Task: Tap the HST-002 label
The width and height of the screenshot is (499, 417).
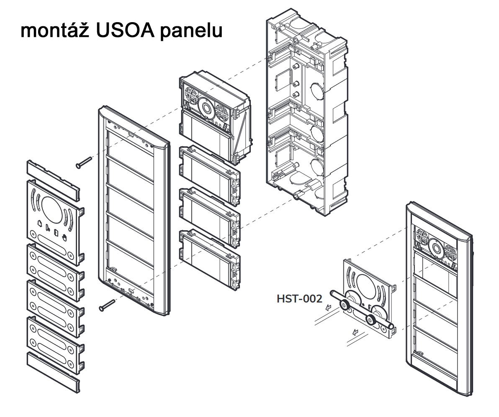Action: click(299, 299)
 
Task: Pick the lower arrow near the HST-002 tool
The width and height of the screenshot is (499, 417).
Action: click(356, 333)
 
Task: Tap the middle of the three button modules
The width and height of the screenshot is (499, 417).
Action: click(209, 217)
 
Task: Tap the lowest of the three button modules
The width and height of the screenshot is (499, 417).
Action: click(209, 259)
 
